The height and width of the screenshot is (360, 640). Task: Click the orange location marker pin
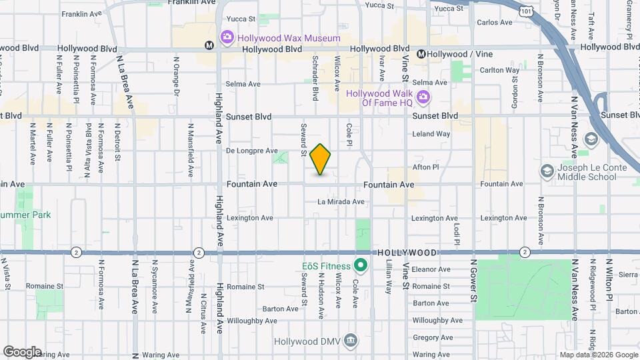(321, 159)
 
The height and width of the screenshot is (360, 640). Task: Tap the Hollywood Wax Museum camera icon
(227, 37)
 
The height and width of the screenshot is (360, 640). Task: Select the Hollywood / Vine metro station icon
(421, 54)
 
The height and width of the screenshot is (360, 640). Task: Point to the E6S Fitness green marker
(361, 266)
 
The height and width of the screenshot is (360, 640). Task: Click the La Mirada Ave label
(341, 201)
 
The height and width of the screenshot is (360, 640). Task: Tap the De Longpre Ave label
(251, 151)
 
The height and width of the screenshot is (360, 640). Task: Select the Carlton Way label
(500, 70)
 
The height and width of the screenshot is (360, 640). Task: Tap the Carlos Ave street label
(495, 22)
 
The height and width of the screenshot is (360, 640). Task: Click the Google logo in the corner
(22, 351)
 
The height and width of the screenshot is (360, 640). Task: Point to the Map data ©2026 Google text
(598, 355)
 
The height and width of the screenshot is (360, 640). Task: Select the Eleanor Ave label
(431, 269)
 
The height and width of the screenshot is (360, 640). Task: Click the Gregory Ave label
(433, 337)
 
